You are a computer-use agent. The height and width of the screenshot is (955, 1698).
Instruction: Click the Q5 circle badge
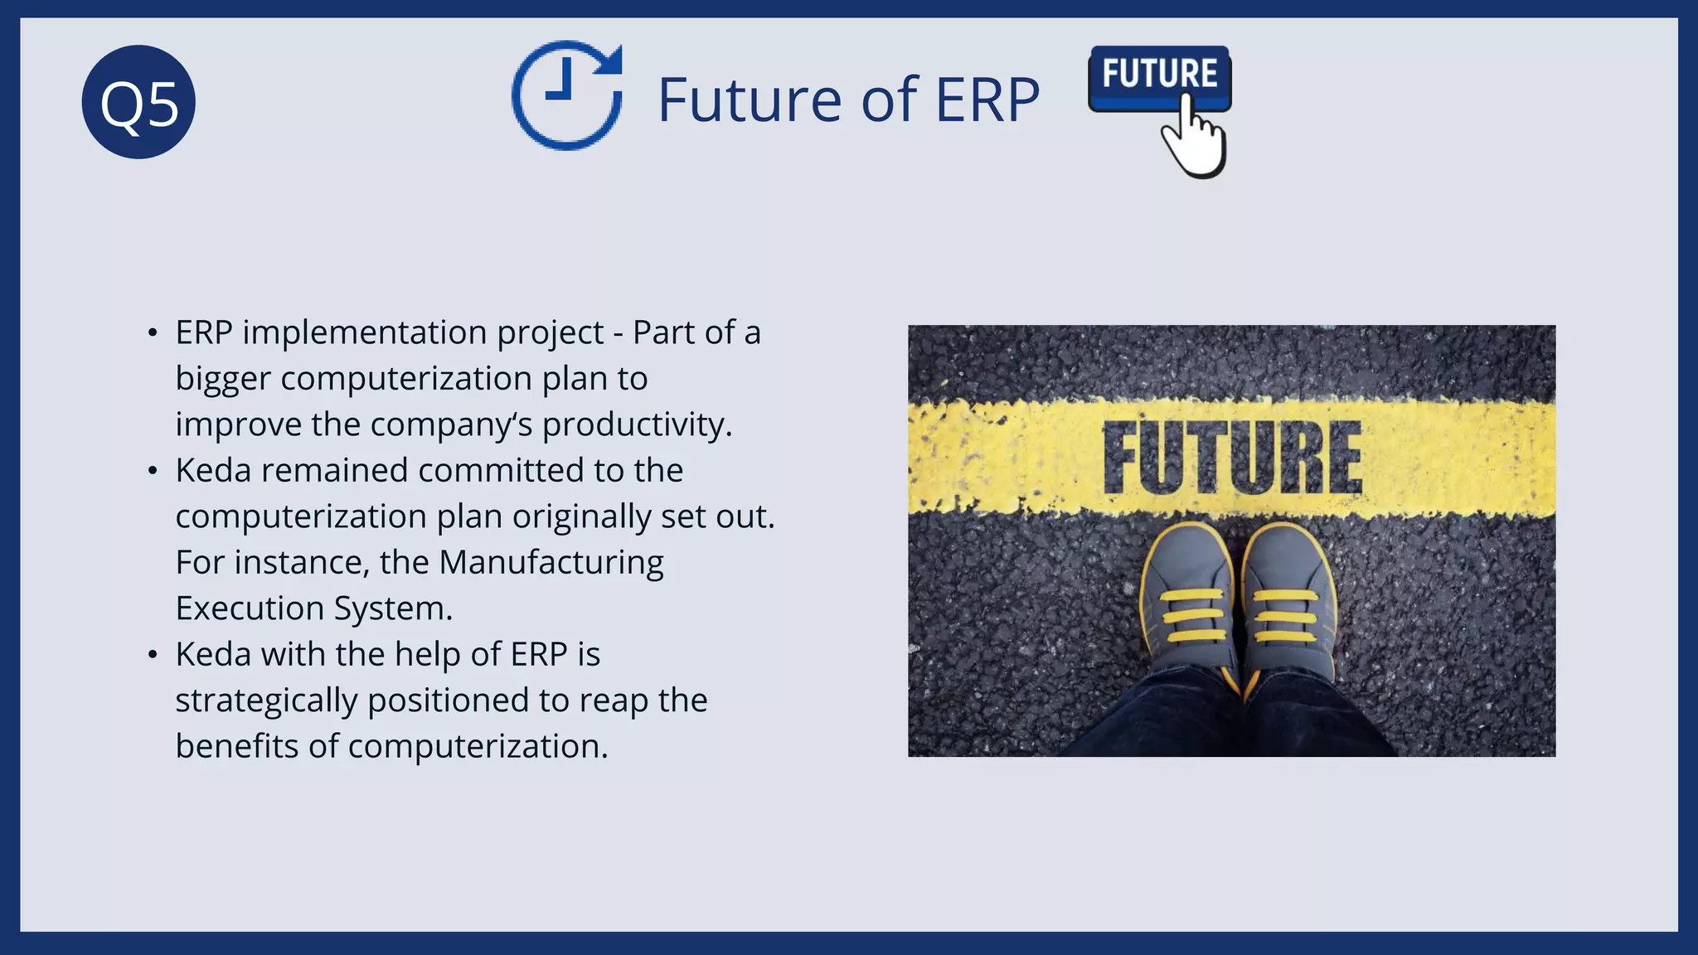point(138,102)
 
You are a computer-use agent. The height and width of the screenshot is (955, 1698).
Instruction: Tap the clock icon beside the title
point(567,95)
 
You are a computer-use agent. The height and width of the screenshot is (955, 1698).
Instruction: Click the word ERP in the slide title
point(987,99)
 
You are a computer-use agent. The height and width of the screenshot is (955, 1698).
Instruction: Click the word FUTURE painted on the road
point(1232,458)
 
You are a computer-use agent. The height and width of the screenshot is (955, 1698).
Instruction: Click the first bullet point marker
point(152,333)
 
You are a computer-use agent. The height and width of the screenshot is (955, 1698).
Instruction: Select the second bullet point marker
point(152,471)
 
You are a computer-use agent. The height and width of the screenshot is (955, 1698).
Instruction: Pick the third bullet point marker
point(152,655)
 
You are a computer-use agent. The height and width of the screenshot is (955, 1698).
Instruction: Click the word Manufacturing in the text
point(551,562)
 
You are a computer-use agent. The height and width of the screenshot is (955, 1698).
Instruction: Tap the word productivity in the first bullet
point(637,424)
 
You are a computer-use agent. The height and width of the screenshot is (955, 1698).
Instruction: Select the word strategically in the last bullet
point(266,700)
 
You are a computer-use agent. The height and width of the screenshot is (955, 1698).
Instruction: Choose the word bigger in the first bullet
point(223,379)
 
